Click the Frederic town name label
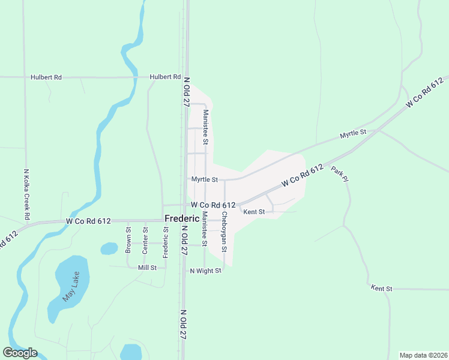tap(182, 219)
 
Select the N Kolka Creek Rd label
tap(26, 193)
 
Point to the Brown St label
tap(128, 239)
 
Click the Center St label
tap(145, 239)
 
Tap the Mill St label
tap(147, 268)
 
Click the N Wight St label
tap(206, 271)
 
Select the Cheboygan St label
tap(224, 230)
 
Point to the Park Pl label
tap(339, 175)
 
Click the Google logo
tap(20, 353)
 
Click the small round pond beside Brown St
tap(109, 248)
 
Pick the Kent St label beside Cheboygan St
tap(254, 211)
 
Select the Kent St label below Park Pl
tap(381, 289)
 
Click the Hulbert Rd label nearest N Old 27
tap(165, 77)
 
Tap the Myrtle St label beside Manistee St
tap(205, 179)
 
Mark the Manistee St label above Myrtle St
tap(205, 127)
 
